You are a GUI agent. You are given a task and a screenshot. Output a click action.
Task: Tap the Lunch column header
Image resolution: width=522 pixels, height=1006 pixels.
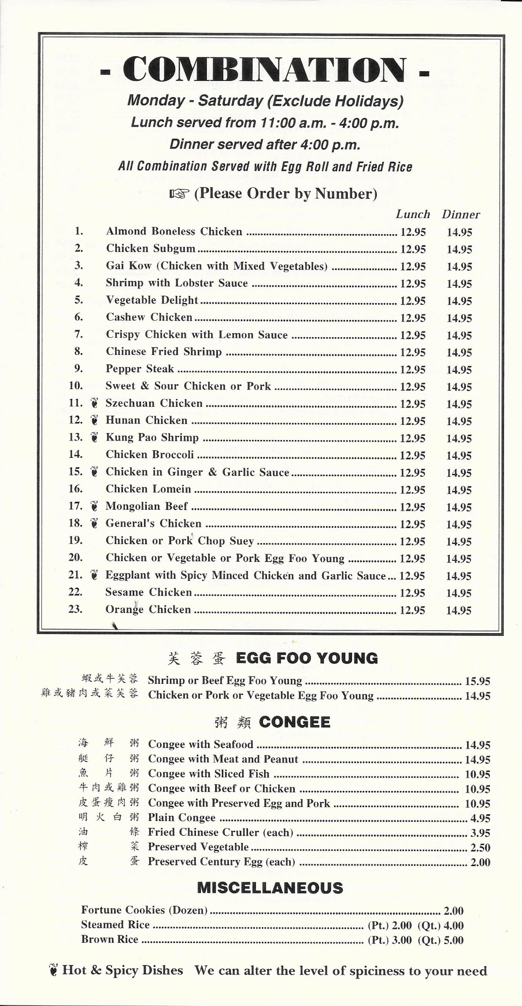412,215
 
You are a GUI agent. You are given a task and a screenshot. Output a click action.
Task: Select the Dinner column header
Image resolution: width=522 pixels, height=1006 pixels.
461,215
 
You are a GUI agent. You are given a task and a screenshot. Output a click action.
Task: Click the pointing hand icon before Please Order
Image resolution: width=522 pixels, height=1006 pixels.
179,193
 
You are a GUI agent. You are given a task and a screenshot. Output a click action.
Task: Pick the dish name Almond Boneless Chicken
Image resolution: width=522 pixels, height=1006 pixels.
174,231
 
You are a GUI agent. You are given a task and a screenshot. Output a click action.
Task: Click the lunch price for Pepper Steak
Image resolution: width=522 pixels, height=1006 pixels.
412,370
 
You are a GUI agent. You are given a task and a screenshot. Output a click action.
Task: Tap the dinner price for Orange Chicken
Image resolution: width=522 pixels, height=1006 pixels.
459,610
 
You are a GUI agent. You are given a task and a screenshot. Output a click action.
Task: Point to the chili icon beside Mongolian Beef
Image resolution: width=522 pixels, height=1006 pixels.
94,506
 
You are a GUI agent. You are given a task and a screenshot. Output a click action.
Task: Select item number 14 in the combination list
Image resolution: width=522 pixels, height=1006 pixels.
75,455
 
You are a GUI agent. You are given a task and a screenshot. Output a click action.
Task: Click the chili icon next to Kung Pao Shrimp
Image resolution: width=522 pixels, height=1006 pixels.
94,437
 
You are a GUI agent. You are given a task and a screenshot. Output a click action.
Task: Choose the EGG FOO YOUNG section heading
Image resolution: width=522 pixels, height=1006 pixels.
307,658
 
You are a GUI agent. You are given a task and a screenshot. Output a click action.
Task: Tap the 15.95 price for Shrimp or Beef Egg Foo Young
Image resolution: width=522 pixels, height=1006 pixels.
478,681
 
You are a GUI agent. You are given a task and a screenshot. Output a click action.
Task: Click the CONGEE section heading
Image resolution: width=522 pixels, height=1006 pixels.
294,722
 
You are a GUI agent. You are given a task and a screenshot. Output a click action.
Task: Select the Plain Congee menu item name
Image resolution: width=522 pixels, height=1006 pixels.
181,818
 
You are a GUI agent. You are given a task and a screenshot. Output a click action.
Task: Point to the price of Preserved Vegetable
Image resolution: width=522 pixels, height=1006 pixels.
480,847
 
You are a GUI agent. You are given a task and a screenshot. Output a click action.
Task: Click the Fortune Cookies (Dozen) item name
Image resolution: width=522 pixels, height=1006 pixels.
144,910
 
